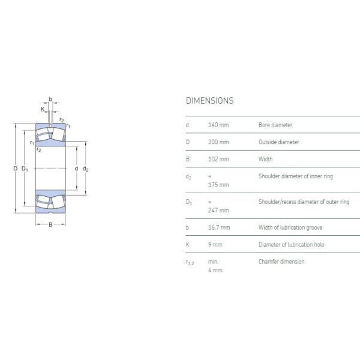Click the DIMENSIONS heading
209,101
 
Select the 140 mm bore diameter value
218,125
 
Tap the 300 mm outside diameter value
218,142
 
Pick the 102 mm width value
218,159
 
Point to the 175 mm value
218,185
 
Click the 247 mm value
218,211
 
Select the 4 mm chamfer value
215,270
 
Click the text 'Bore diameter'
275,125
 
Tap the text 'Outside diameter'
278,142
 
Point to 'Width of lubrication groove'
291,227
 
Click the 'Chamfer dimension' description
281,262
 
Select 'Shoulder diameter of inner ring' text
295,176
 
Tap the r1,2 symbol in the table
190,262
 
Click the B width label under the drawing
50,224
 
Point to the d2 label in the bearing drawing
86,169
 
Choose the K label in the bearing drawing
43,109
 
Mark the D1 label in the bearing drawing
25,169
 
